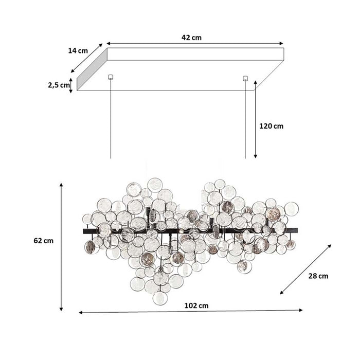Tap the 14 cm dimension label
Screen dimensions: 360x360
click(x=78, y=50)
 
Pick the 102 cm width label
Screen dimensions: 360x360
click(x=196, y=305)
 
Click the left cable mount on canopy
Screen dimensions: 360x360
click(x=110, y=78)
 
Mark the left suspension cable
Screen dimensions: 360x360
click(x=111, y=118)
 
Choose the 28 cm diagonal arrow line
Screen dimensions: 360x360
click(x=306, y=269)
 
